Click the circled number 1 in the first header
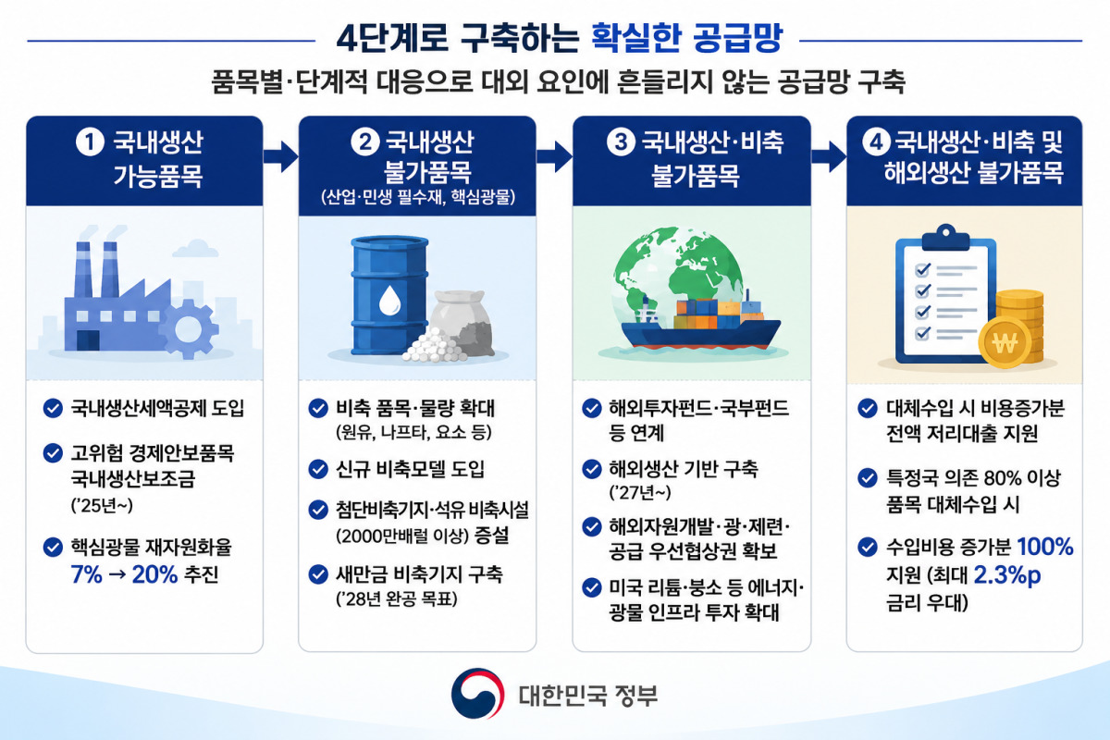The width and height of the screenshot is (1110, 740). coord(90,142)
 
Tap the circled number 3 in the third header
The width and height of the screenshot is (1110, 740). coord(621,142)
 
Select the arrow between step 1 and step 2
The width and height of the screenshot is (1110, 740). coord(281,156)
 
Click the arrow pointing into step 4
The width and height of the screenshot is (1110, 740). coord(829,156)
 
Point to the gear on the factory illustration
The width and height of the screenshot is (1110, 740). coord(189,328)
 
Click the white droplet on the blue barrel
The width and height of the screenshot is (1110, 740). coord(389,300)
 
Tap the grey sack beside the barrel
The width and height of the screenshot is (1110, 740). coord(462,322)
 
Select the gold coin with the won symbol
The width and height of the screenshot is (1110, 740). coord(1005,342)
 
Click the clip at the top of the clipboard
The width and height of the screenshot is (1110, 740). coord(946,238)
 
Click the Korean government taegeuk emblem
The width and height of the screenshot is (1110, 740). coord(477,693)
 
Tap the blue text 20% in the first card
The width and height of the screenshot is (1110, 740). coord(154,574)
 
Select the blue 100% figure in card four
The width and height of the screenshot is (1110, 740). coord(1045,547)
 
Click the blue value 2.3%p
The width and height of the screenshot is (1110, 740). coord(1007,575)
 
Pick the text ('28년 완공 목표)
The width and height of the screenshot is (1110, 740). coord(397,599)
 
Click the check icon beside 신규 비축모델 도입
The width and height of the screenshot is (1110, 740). coord(318,469)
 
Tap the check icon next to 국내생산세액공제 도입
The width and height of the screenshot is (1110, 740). coord(53,409)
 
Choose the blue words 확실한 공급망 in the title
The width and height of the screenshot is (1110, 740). coord(687,38)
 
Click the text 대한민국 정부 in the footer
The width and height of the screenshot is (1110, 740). coord(588,695)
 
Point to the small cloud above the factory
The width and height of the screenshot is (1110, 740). coord(195,249)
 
